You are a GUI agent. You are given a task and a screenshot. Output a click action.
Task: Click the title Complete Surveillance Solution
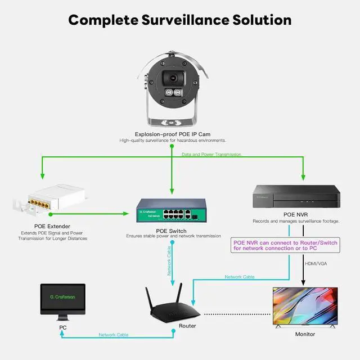click(180, 20)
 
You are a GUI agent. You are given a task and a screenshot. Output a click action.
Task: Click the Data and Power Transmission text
click(211, 154)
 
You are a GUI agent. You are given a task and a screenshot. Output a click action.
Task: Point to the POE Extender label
click(51, 226)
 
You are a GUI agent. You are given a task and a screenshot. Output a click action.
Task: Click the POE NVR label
click(296, 215)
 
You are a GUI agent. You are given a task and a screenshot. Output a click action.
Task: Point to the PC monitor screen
click(62, 301)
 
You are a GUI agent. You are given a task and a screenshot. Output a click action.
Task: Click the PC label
click(62, 326)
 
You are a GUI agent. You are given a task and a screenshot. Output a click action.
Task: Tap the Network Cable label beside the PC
click(114, 335)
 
